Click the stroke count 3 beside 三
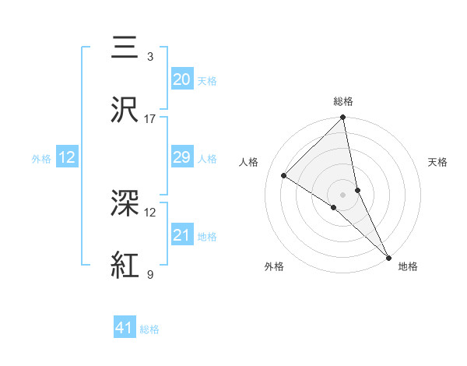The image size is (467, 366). (150, 57)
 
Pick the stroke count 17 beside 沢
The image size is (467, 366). (150, 119)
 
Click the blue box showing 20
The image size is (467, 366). (182, 79)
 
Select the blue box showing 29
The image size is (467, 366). (182, 157)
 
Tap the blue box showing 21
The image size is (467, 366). (182, 235)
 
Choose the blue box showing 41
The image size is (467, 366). (125, 329)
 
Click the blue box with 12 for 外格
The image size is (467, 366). (67, 157)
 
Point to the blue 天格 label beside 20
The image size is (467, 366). (207, 81)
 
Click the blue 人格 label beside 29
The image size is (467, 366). (207, 159)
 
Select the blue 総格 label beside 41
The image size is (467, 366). (149, 330)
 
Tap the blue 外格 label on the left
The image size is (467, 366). (41, 159)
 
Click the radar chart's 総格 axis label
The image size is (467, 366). (343, 101)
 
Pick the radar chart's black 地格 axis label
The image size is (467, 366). (408, 267)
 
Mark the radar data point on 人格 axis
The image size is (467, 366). (284, 176)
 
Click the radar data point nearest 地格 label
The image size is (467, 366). (388, 256)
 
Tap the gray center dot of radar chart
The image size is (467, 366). (343, 194)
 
